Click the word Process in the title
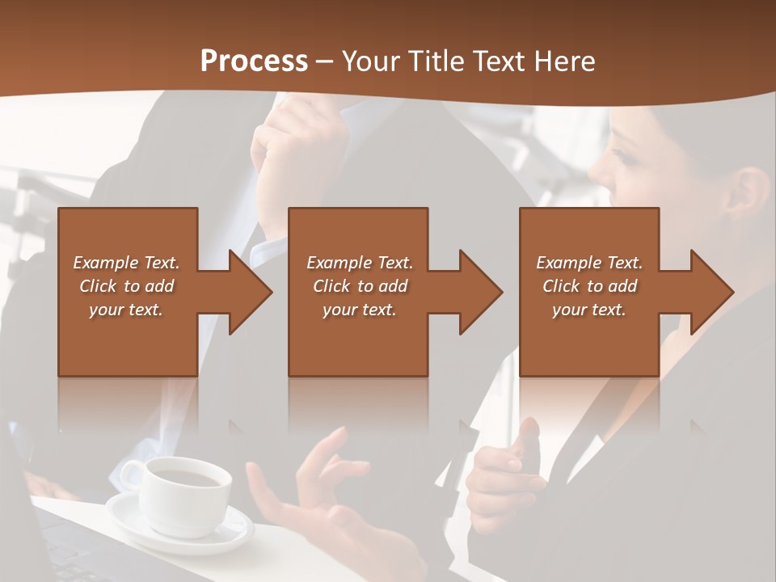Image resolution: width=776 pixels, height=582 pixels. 254,61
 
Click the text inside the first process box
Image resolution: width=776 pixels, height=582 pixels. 126,286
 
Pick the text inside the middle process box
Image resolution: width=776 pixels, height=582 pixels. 360,286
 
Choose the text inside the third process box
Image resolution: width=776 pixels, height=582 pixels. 589,286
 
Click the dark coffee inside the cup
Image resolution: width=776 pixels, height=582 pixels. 188,477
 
